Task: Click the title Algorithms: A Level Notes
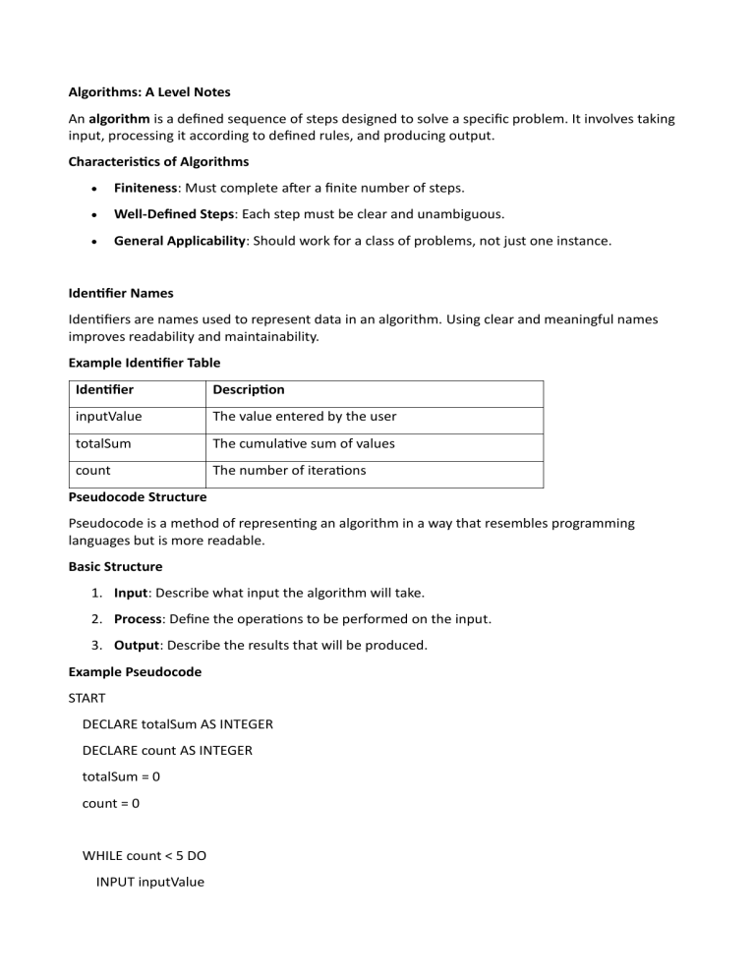coord(148,91)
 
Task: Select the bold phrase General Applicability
coord(179,240)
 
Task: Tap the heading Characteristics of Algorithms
coord(158,161)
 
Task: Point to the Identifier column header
coord(105,390)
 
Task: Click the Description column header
coord(249,390)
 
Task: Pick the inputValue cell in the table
coord(108,417)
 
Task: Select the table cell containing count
coord(93,470)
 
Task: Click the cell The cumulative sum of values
coord(304,443)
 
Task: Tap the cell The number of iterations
coord(289,470)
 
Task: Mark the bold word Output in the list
coord(138,645)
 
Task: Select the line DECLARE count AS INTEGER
coord(167,750)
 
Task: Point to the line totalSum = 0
coord(122,776)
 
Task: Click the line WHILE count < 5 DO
coord(145,855)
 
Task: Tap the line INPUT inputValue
coord(150,882)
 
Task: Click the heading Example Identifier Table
coord(144,363)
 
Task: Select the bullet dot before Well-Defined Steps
coord(92,214)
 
